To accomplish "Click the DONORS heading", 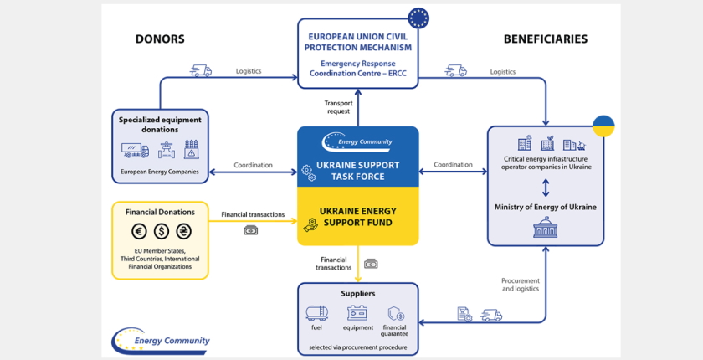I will click(160, 39).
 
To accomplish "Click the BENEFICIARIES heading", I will click(545, 39).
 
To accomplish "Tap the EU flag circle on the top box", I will click(418, 18).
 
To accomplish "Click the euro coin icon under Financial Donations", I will click(139, 231).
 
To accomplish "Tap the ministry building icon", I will click(545, 227).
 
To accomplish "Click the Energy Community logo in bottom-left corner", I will click(161, 339).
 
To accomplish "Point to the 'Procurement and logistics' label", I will click(521, 285).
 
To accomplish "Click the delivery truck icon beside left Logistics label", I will click(201, 71).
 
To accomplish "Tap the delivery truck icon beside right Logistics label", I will click(456, 71).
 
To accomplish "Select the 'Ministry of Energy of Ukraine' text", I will click(545, 207).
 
